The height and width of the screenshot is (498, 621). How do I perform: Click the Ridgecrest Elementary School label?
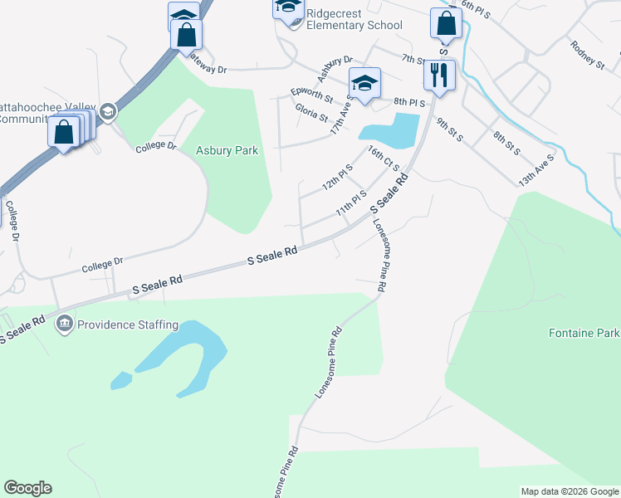pos(354,19)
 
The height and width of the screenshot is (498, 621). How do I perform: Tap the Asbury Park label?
pos(227,151)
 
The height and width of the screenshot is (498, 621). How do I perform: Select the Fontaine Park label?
pos(584,334)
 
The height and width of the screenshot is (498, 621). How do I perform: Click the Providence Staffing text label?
pos(128,325)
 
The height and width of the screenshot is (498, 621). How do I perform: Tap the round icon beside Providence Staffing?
pos(64,324)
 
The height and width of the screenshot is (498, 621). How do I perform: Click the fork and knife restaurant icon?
pos(438,75)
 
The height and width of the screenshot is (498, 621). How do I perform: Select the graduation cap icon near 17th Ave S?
pos(364,83)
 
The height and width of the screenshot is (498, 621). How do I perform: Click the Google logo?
pos(27,488)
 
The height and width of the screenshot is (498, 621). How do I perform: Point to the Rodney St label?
pos(587,53)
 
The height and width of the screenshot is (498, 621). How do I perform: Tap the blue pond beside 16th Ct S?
pos(390,129)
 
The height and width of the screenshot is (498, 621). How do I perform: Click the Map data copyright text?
pos(570,491)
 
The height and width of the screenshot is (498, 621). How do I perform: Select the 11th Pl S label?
pos(351,203)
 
